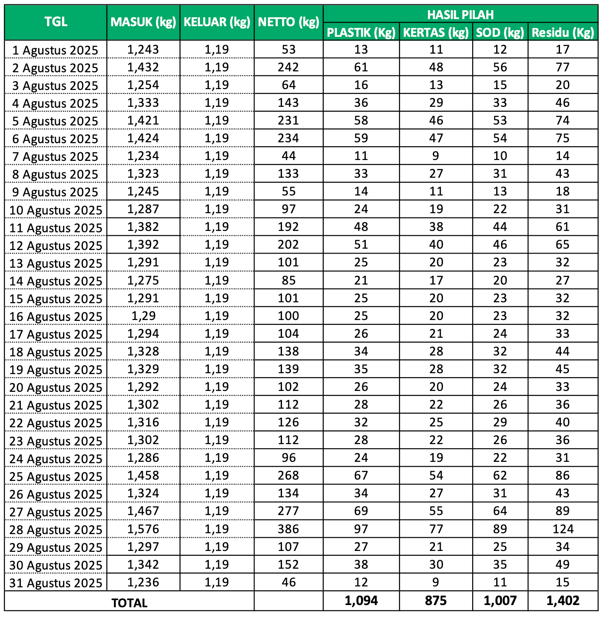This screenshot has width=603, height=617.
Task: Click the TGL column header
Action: (56, 22)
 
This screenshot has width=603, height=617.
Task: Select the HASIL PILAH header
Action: (460, 15)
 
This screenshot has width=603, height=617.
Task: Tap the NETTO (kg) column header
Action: (289, 22)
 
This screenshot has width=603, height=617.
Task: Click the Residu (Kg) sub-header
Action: (563, 32)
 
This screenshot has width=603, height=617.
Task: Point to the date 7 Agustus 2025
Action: (55, 156)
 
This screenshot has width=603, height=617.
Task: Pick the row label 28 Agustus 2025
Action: (56, 530)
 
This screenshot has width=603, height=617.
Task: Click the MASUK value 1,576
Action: (143, 529)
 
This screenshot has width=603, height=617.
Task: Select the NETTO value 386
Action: (289, 529)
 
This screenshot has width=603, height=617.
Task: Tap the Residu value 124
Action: (563, 529)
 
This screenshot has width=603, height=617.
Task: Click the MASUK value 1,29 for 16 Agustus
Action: (143, 316)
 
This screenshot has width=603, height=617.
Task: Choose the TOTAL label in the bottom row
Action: (129, 603)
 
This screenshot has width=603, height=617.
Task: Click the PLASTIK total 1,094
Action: (361, 601)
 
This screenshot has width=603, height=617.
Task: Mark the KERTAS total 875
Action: (436, 601)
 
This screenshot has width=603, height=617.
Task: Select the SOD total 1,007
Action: (500, 601)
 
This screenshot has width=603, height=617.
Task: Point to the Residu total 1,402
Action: (563, 601)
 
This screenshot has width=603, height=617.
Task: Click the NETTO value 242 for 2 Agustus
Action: (289, 67)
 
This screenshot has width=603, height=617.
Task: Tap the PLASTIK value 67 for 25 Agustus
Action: (361, 476)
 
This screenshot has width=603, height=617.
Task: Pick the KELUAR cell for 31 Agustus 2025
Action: (217, 582)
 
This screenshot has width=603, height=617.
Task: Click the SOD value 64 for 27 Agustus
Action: (500, 511)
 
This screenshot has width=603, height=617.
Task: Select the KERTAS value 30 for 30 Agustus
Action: (436, 564)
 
